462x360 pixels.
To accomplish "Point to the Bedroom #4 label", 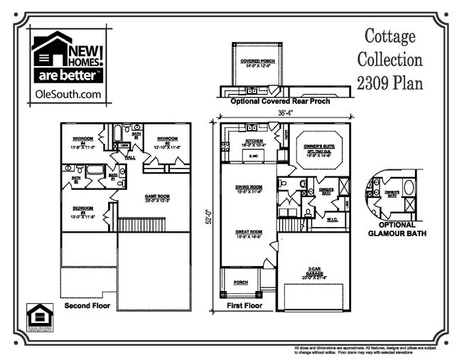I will tap(83, 141).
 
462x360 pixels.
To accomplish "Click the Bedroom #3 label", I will tap(83, 212).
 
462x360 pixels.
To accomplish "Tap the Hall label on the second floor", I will tap(131, 157).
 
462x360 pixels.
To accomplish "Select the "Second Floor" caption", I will tap(88, 307).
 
